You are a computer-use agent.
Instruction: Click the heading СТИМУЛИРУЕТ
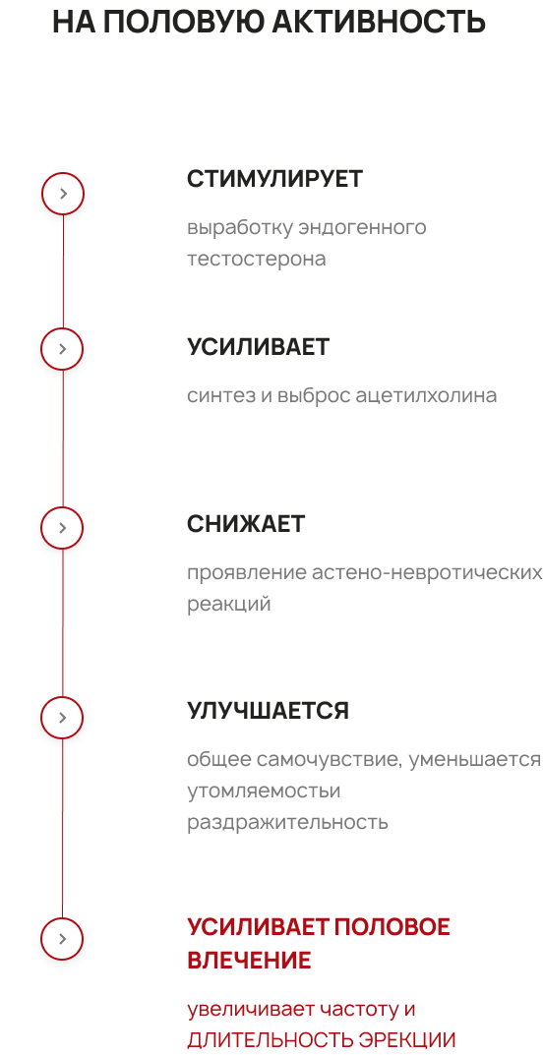coord(274,179)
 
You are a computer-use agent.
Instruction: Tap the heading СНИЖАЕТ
coord(246,524)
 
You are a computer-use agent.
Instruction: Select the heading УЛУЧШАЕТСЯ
coord(268,711)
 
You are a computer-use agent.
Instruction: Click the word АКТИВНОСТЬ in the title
coord(379,23)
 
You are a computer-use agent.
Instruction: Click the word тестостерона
coord(257,259)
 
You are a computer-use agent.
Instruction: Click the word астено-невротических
coord(427,572)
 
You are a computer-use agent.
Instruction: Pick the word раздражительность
coord(287,823)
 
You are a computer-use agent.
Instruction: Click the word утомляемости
coord(264,791)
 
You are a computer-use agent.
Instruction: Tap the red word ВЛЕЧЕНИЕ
coord(249,961)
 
